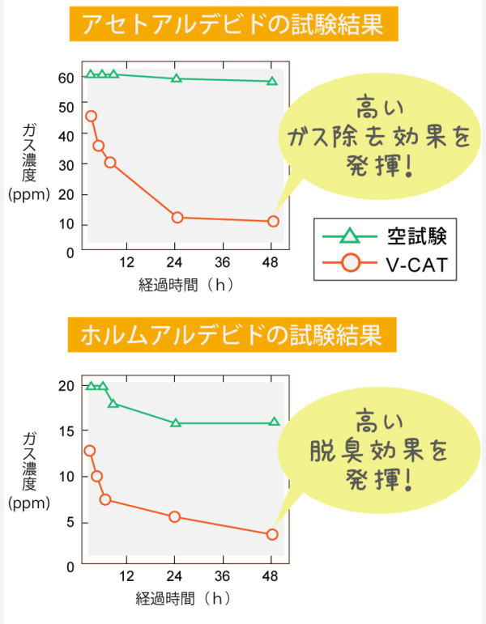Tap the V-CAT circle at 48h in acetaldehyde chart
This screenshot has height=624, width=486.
coord(273,222)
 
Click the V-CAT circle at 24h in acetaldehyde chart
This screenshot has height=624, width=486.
coord(177,217)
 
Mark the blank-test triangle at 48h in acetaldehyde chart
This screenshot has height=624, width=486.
coord(272,81)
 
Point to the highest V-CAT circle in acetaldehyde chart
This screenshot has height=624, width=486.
coord(91,116)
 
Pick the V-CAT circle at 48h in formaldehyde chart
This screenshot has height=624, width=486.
coord(272,534)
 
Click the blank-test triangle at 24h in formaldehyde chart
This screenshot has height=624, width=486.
coord(177,422)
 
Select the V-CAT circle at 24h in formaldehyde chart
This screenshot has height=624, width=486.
coord(175,516)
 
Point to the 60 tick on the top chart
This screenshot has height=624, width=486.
coord(66,78)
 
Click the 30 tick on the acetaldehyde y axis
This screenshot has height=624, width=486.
coord(66,164)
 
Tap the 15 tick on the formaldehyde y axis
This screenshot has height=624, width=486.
coord(66,431)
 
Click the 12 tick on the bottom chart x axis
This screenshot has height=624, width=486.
coord(126,576)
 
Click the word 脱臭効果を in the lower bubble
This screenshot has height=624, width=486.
coord(378,450)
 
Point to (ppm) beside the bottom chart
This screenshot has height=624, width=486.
coord(28,503)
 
